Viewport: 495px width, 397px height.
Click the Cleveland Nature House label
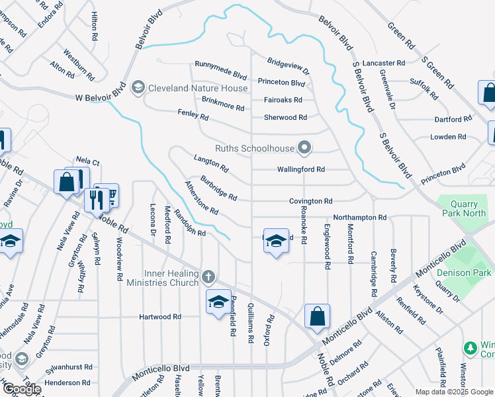(198, 88)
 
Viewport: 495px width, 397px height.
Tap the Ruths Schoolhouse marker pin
(304, 148)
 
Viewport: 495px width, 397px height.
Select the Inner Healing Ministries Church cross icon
(208, 277)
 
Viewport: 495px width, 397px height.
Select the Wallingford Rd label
(300, 169)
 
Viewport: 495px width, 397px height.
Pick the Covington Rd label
(310, 201)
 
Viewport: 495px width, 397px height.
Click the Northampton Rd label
(359, 217)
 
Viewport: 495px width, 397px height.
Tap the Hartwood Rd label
(160, 317)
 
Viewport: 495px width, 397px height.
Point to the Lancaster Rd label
(384, 63)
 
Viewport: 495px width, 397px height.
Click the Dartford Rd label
(453, 119)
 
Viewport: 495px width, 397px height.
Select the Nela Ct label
(87, 160)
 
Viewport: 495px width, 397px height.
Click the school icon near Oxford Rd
(275, 242)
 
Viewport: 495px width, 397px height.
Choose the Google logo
(21, 389)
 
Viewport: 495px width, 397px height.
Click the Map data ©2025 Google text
(453, 392)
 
